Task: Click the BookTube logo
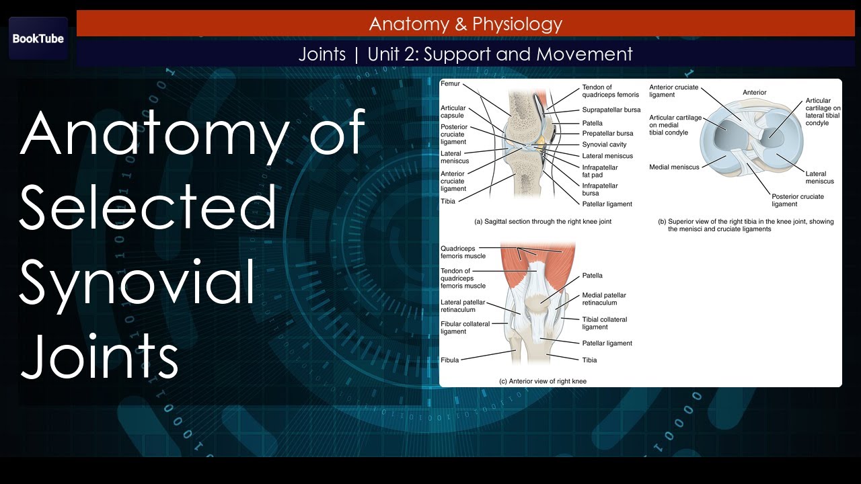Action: coord(38,38)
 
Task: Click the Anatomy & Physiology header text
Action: coord(465,24)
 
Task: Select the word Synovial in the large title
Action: coord(137,282)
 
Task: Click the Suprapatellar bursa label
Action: coord(611,110)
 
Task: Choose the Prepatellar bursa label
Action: coord(607,133)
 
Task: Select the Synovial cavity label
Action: coord(603,145)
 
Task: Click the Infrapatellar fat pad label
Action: coord(599,171)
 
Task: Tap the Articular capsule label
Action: coord(453,112)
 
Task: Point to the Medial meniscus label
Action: coord(674,167)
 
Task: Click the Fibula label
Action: coord(449,360)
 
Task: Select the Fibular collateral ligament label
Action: coord(465,327)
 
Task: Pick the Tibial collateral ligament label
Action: coord(604,323)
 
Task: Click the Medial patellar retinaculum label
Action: coord(604,298)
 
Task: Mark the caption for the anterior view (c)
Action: coord(542,381)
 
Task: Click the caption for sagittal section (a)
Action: coord(542,221)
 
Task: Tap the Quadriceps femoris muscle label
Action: coord(463,252)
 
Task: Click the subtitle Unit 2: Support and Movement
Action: coord(500,54)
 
